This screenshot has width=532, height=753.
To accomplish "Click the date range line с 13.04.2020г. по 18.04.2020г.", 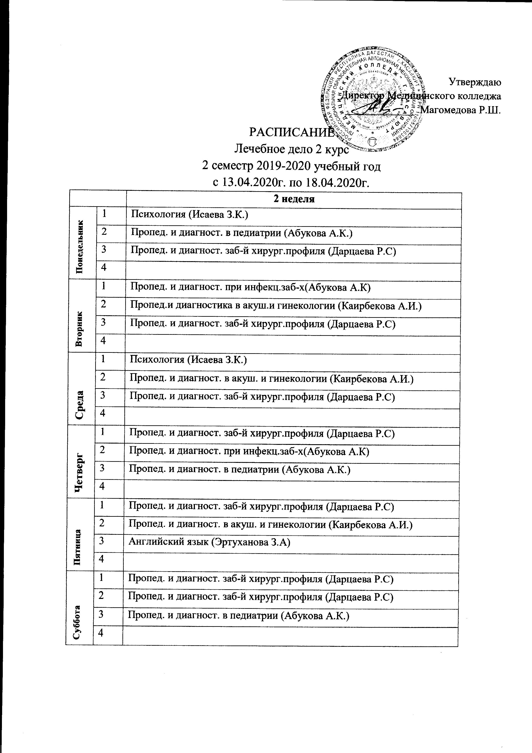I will [x=291, y=182].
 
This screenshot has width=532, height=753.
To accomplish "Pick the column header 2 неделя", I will [x=294, y=199].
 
